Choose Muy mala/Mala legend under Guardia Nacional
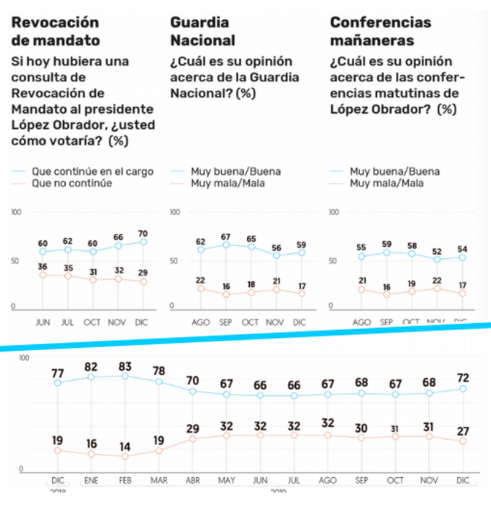227,183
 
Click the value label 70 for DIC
144,234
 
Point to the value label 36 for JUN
42,267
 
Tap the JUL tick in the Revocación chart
68,321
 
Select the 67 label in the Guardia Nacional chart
226,237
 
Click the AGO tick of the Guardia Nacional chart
200,321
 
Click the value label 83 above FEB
125,366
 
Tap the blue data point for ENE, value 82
91,377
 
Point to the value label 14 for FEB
125,446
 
